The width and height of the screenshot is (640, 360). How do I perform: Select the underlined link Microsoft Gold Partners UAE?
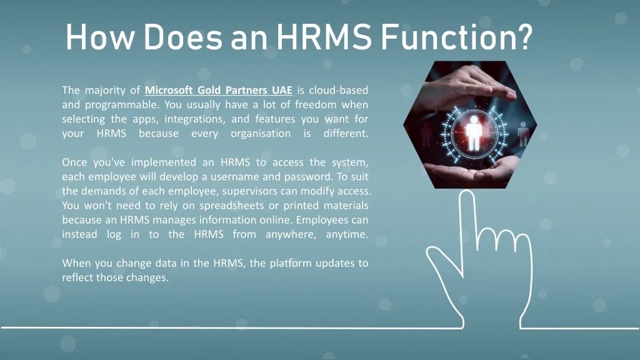point(219,90)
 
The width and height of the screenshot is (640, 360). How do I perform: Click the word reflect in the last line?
point(77,277)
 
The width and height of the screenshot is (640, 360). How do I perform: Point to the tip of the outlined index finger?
point(466,197)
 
